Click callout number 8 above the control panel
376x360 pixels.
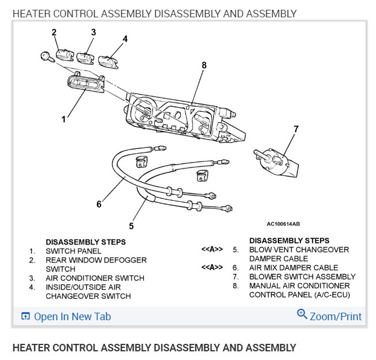203,66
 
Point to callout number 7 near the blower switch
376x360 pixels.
296,129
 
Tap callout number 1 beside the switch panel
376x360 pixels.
64,119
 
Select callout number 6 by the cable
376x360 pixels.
99,204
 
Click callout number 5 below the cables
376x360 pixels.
132,226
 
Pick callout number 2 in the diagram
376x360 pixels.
54,32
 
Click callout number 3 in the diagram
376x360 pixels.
92,32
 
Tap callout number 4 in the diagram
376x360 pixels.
125,39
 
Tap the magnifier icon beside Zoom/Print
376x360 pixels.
302,314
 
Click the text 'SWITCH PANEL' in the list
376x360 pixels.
73,251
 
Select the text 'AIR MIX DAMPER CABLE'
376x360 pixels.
293,268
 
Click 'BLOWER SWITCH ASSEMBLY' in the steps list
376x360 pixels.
302,277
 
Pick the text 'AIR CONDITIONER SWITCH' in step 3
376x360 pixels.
95,278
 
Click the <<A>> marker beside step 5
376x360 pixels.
212,250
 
